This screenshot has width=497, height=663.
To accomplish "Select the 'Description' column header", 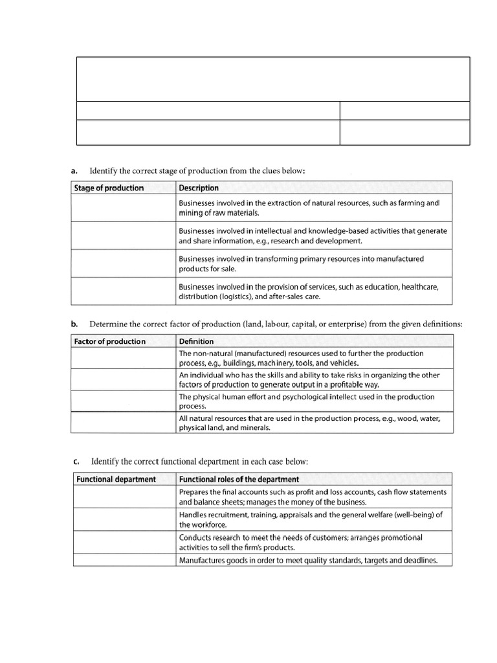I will click(x=199, y=188).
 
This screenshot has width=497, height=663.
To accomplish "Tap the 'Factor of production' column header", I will click(x=110, y=342).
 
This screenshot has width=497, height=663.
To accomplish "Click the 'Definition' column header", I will click(x=197, y=342).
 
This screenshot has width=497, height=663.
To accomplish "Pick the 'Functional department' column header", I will click(x=116, y=480).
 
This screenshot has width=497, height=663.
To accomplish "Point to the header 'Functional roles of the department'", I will click(x=239, y=480).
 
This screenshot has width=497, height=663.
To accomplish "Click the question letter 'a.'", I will click(x=74, y=171).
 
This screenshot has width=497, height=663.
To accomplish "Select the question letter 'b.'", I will click(x=74, y=324).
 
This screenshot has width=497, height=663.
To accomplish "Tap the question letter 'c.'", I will click(x=76, y=462).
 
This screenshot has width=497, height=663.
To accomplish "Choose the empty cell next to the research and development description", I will click(x=122, y=236).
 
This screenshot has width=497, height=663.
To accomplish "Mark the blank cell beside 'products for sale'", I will click(x=122, y=264).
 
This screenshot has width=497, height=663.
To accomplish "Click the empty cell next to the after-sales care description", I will click(x=122, y=291).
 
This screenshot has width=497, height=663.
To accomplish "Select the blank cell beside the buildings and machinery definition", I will click(x=122, y=359).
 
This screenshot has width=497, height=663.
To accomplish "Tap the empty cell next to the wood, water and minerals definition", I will click(x=122, y=423).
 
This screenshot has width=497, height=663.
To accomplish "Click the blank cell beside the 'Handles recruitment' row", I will click(x=122, y=520).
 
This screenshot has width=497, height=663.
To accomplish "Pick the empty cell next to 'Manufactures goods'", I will click(x=122, y=561).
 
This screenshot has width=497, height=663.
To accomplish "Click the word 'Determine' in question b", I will click(x=109, y=324).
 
